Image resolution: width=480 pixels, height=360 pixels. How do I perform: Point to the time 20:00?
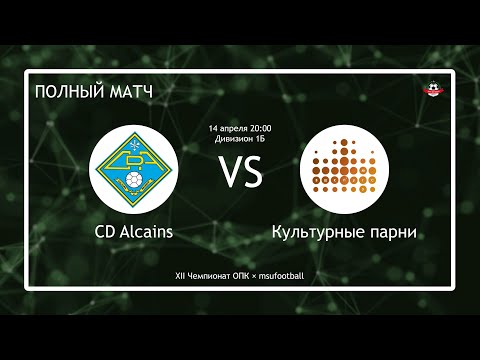tap(259, 129)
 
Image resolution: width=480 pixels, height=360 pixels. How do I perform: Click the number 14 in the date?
tap(213, 129)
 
